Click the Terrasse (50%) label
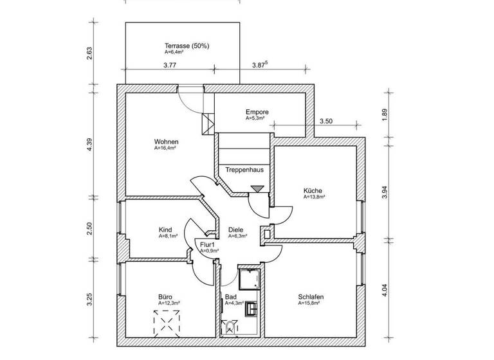pos(187,46)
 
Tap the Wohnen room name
pos(166,142)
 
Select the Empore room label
pos(257,113)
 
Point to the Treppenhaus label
pos(244,170)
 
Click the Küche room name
pos(314,190)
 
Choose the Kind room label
pos(165,230)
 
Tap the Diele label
pos(235,230)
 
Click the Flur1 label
pos(206,245)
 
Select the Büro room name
pos(165,297)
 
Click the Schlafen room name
pos(311,297)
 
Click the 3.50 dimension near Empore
pos(327,121)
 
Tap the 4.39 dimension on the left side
pos(90,145)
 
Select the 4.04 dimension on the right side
pos(385,289)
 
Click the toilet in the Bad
pos(230,327)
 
